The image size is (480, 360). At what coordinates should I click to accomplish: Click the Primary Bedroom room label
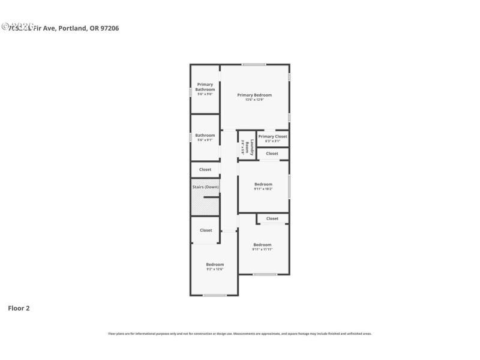tap(254, 95)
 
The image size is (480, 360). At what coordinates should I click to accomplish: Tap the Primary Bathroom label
tap(205, 87)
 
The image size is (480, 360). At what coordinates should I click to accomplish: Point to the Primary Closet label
tap(272, 136)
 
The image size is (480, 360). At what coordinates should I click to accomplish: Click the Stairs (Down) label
tap(205, 187)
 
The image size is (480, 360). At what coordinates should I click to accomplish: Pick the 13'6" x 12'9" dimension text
tap(254, 100)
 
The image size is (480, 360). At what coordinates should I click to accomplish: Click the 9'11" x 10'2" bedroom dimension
tap(263, 189)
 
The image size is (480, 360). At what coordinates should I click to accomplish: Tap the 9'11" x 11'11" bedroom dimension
tap(262, 249)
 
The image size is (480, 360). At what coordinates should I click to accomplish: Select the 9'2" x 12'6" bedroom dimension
tap(215, 269)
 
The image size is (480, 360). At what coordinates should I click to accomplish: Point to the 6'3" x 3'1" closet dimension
tap(272, 141)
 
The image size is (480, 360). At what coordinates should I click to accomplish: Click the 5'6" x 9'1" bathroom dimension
tap(205, 140)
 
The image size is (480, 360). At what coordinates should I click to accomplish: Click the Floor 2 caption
tap(19, 308)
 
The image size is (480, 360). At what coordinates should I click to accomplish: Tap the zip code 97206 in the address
tap(109, 28)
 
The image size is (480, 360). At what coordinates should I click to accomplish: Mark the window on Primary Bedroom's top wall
tap(254, 64)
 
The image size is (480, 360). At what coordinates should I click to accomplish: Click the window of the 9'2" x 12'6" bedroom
tap(215, 295)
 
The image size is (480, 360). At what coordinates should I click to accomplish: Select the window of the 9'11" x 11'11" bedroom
tap(265, 274)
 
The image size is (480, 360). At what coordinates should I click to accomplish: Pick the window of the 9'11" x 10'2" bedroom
tap(289, 186)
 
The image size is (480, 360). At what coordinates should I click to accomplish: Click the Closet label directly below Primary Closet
tap(272, 154)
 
